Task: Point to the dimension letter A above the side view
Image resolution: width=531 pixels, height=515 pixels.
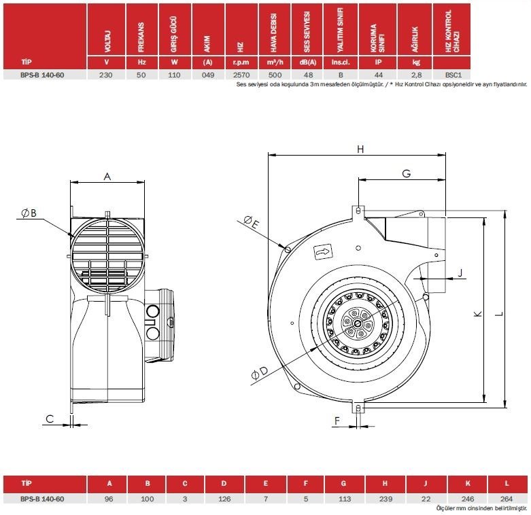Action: point(107,176)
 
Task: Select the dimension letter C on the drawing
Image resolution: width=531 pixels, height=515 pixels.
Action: point(50,418)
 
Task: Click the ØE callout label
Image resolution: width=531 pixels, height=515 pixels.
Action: point(250,222)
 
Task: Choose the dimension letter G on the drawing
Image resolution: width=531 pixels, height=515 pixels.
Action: point(406,174)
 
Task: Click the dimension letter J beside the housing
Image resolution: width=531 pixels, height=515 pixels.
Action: point(460,273)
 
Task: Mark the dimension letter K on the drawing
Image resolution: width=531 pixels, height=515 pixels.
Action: point(477,313)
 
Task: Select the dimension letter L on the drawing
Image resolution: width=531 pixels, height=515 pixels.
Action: point(498,313)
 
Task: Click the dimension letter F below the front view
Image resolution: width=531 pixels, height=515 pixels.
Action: point(337,421)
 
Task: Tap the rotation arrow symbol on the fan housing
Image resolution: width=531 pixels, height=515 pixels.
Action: point(322,253)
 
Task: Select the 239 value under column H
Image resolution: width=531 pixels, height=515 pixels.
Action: point(385,499)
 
